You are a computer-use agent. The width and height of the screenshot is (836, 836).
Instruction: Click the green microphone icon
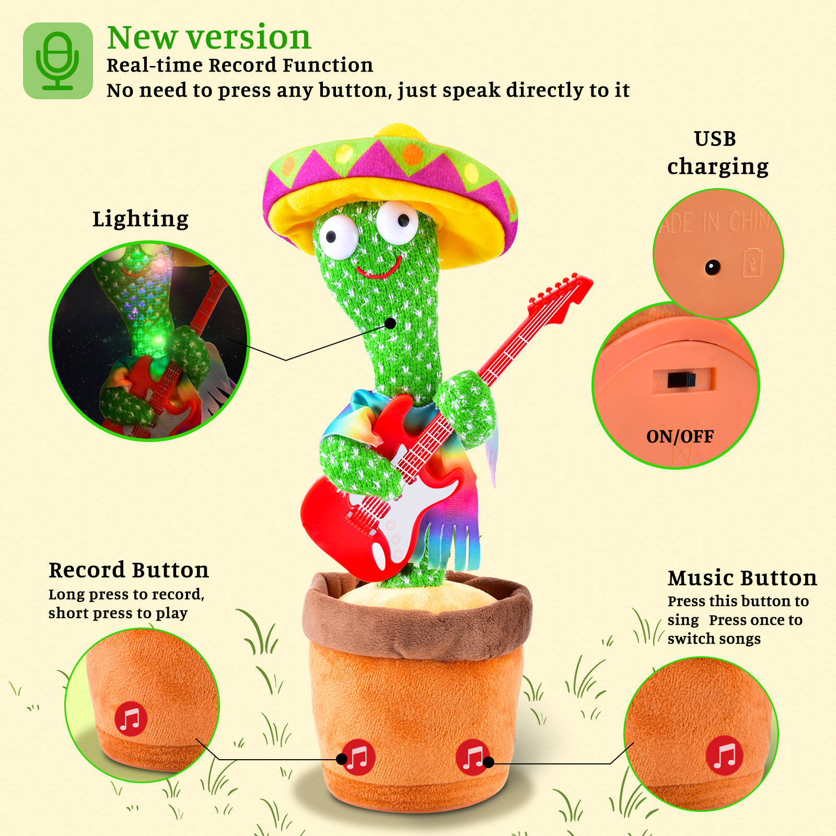(x=57, y=61)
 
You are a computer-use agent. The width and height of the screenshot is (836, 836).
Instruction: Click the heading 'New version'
(x=209, y=38)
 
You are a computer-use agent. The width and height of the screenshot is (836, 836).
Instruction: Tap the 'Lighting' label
(x=141, y=219)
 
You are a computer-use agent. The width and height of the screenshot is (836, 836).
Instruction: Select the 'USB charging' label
(x=717, y=153)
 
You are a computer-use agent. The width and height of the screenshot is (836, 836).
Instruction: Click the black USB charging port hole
(x=712, y=268)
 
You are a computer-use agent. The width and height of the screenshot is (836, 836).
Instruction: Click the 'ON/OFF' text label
(x=680, y=437)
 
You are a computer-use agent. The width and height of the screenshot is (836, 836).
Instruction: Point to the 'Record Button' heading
(x=129, y=570)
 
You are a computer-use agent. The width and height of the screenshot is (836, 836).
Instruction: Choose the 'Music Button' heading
(x=742, y=578)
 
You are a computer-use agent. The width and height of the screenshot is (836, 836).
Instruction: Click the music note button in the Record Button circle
(x=131, y=719)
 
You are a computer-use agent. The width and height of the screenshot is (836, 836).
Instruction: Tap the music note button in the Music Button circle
(x=724, y=755)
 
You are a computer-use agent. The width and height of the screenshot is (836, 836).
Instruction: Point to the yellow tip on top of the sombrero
(x=400, y=131)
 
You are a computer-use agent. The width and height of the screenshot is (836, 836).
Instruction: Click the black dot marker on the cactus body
(x=390, y=323)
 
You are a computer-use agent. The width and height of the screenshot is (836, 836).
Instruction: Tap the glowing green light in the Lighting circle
(x=157, y=342)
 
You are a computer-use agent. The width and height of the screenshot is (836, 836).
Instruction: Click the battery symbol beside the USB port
(x=752, y=262)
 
